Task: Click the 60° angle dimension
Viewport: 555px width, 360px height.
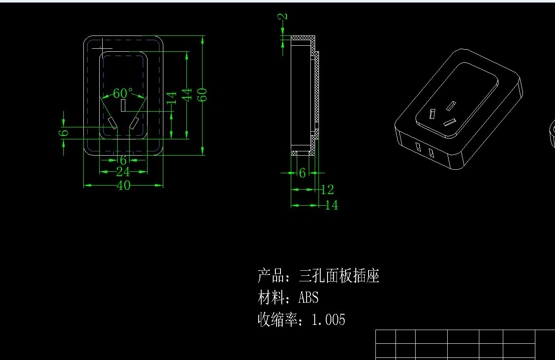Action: pos(123,93)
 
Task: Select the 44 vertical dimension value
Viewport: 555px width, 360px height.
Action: pos(187,95)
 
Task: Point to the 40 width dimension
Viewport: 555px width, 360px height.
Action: pos(123,186)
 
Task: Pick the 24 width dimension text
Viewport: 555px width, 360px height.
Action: pos(123,172)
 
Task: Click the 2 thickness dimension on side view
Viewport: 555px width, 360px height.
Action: pos(283,17)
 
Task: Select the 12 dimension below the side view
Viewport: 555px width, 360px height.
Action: pos(327,189)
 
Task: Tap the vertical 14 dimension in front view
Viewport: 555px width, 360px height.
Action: pos(171,98)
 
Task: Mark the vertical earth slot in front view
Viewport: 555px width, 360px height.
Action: pos(123,106)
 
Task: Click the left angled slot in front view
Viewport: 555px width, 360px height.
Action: pos(113,123)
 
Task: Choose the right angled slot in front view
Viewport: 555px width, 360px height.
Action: pos(134,123)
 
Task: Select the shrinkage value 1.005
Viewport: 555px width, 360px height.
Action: pos(328,319)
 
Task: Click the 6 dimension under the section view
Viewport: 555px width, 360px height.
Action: pos(302,173)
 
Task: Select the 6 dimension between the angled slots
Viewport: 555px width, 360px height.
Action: pos(123,160)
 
